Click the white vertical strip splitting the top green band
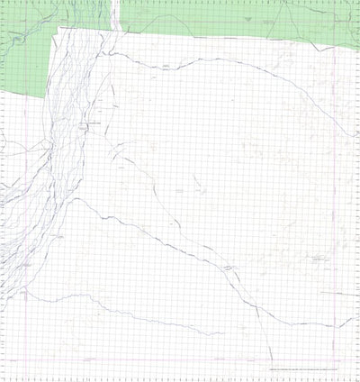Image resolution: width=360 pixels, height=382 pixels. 115,14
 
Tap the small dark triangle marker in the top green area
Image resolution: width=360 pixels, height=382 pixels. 290,6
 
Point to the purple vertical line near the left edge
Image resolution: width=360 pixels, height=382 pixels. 28,225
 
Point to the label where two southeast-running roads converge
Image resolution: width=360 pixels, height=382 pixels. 229,268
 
